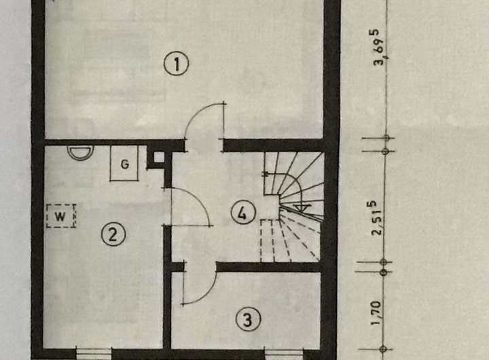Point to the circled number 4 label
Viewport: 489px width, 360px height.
[x=242, y=213]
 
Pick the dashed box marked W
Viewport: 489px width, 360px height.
[x=61, y=217]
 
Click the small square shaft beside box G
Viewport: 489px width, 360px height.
[x=159, y=158]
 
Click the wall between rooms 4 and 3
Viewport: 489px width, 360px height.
[x=268, y=267]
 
